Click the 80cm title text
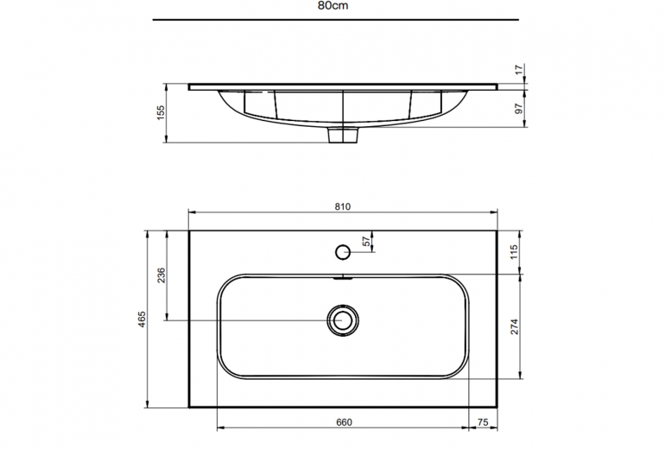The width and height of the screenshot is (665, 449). [x=332, y=6]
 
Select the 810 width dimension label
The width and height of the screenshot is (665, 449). [x=343, y=206]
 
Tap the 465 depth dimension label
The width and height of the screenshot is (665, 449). [x=142, y=319]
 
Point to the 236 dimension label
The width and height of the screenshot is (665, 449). [x=161, y=275]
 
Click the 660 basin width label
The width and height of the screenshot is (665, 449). [x=344, y=422]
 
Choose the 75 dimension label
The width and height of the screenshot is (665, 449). [x=483, y=422]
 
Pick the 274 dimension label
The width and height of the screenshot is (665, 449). [x=515, y=326]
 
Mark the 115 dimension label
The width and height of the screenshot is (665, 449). [x=515, y=252]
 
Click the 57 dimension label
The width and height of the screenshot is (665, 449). [x=366, y=241]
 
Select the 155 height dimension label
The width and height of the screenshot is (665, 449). [x=161, y=113]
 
